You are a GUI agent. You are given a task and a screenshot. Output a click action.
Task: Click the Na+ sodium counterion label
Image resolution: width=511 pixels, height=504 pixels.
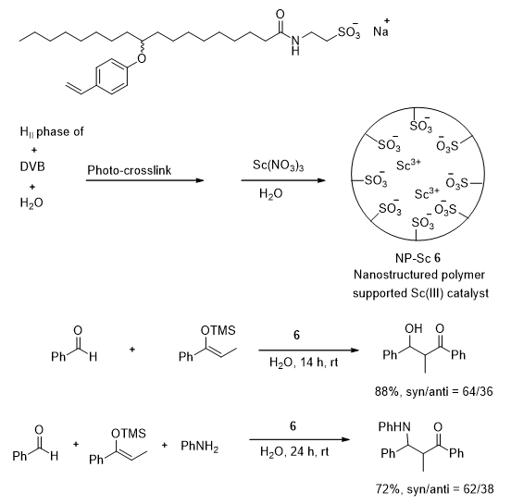point(381,29)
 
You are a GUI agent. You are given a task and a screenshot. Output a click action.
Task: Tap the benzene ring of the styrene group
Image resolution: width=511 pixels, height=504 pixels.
point(111,77)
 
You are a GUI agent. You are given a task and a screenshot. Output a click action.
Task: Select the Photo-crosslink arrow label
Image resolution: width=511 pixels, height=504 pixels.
point(129,170)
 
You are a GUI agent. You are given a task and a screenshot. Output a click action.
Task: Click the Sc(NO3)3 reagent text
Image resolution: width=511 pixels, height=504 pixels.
point(278,166)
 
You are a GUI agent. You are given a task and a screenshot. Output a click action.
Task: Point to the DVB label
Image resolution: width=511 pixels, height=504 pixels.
point(32,166)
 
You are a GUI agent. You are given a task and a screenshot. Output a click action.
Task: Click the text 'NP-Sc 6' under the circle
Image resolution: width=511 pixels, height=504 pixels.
point(418,258)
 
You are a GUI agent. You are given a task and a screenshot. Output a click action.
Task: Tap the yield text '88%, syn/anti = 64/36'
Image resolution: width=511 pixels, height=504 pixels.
point(434,391)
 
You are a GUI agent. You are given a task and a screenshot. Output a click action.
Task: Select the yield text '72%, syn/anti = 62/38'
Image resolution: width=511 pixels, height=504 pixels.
point(434,488)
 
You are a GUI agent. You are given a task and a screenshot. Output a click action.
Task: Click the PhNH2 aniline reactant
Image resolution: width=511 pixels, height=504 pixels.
point(199,446)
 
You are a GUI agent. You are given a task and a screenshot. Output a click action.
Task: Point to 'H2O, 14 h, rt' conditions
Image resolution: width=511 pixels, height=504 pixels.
point(304,362)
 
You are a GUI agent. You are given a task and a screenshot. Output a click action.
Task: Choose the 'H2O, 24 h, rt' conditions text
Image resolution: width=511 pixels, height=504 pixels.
point(294,451)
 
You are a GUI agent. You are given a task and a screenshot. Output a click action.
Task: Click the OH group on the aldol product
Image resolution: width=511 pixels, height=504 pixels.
point(413,328)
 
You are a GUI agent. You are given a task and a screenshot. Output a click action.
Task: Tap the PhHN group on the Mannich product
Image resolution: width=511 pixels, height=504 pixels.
point(394,426)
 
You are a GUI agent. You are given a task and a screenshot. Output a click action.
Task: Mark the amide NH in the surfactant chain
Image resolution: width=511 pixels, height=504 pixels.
point(295,45)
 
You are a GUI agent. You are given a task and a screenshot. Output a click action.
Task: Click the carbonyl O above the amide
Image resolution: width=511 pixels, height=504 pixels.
point(280,14)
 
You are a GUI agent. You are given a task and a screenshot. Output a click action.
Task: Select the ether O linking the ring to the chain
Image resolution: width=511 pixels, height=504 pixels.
point(142,58)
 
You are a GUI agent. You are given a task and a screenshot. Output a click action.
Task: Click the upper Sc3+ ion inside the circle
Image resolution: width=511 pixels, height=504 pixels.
point(408,165)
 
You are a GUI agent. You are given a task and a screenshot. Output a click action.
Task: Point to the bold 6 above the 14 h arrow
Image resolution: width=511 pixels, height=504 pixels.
point(296,335)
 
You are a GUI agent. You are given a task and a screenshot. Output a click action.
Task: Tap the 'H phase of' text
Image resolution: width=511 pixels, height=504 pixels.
point(52,132)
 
